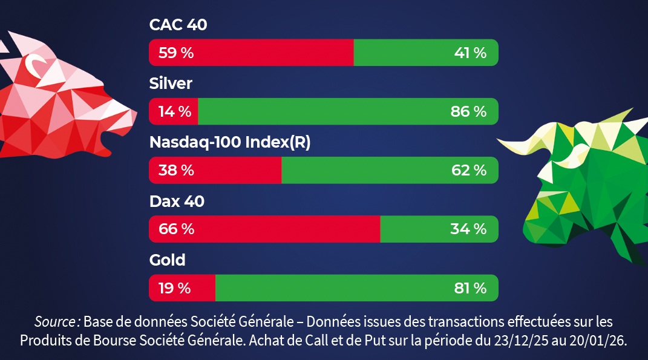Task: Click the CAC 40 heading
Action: point(178,25)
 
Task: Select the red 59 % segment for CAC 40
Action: point(251,53)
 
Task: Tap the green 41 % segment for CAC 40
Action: point(425,53)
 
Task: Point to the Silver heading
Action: point(171,83)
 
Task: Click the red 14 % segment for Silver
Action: point(174,111)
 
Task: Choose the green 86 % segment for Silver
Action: point(348,111)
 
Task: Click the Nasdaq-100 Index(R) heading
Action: point(230,142)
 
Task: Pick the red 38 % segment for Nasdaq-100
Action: point(215,170)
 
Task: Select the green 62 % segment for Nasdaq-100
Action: point(390,170)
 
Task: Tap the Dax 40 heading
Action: point(177,201)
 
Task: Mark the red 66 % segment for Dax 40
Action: point(264,229)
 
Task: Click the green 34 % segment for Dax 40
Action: point(439,229)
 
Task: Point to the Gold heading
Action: point(168,260)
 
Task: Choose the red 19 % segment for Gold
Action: point(182,288)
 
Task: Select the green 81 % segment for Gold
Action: point(356,288)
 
